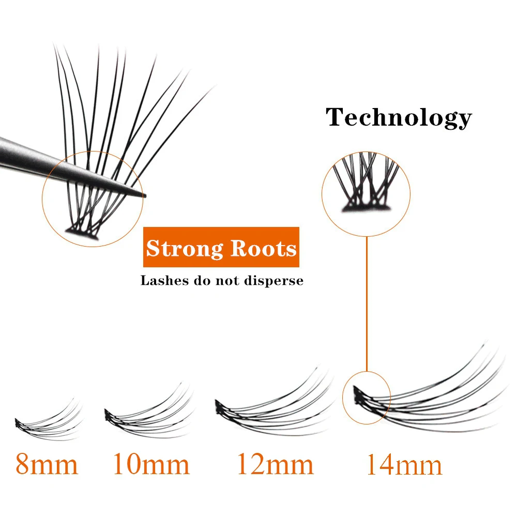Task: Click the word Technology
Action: (399, 118)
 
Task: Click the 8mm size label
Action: (47, 464)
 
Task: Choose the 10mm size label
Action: (151, 464)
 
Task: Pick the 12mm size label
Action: (275, 464)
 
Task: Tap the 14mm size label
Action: (404, 465)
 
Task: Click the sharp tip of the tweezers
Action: (145, 196)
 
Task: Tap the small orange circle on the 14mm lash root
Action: (367, 396)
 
